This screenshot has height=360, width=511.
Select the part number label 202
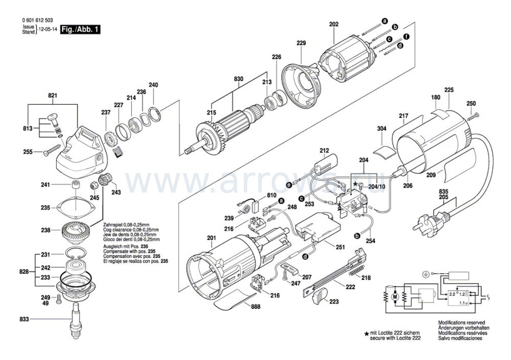point(333,24)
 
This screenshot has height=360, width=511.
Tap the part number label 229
point(301,43)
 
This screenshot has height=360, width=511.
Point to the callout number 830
point(239,80)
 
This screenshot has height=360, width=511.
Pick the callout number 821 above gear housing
point(52,96)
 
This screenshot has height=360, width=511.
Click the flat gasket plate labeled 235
point(77,208)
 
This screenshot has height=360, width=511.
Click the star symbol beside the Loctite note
point(366,333)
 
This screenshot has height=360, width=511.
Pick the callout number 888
point(255,307)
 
